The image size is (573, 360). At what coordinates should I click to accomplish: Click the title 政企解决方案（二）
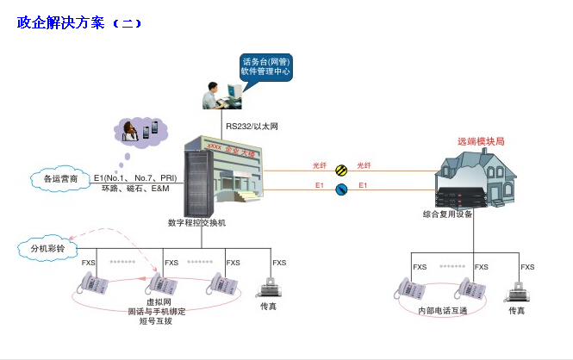tap(79, 23)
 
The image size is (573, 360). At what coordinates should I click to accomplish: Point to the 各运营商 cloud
tap(60, 179)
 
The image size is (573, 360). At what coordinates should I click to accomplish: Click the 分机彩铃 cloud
tap(47, 249)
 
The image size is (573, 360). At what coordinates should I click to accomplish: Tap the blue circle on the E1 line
tap(341, 190)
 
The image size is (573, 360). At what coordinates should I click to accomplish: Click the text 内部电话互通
tap(442, 310)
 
